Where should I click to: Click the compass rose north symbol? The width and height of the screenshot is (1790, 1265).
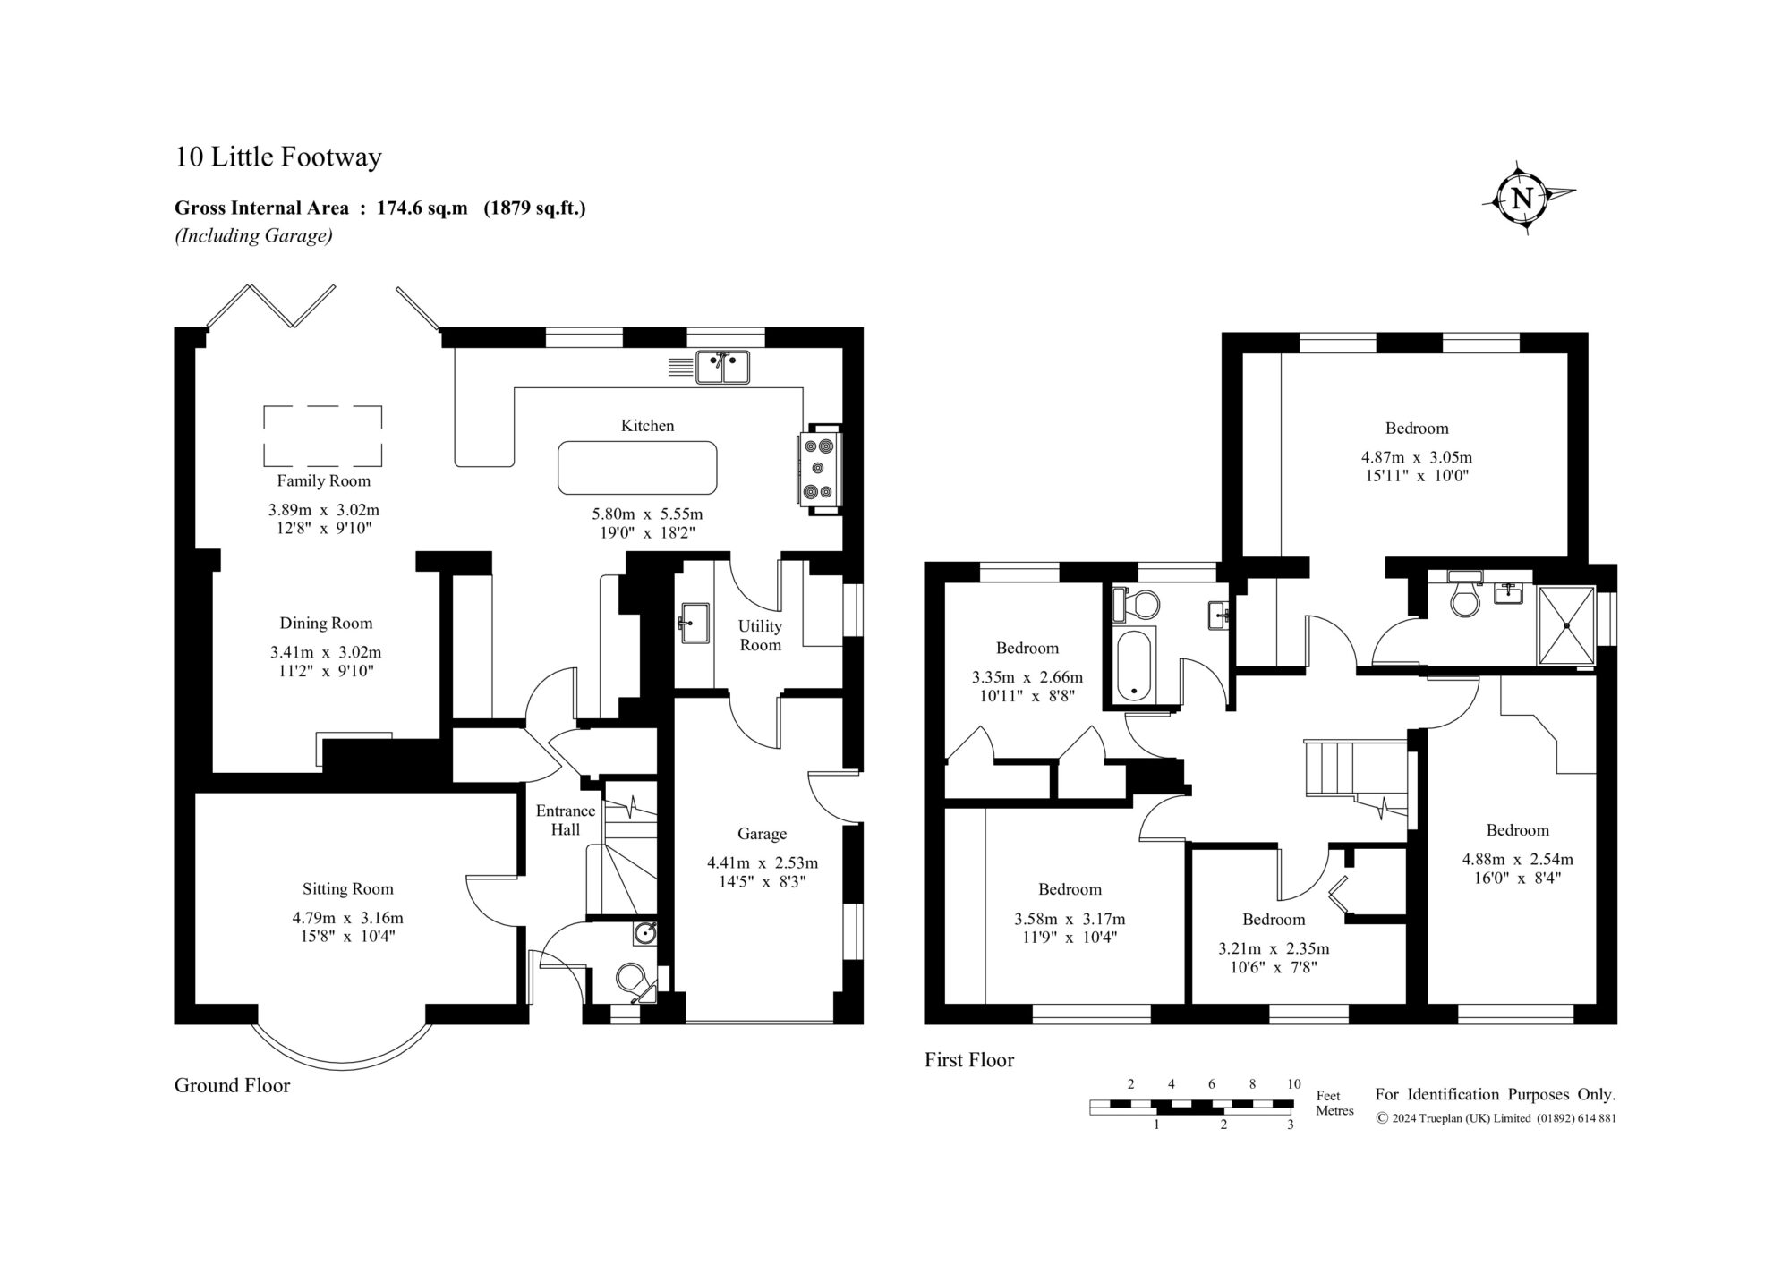1522,198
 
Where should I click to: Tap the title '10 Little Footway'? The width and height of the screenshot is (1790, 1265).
278,157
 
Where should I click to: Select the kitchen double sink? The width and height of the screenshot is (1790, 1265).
723,367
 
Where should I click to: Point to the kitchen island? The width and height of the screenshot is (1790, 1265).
637,468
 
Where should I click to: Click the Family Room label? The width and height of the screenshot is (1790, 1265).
323,480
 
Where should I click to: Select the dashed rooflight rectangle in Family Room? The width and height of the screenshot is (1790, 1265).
323,437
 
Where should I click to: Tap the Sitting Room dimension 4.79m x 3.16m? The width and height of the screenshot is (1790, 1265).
347,918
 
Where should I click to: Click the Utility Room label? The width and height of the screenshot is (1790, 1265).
760,635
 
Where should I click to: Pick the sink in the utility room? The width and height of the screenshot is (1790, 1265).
694,622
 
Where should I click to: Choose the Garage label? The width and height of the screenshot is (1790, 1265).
762,834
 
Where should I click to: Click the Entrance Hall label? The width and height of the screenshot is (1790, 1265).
566,819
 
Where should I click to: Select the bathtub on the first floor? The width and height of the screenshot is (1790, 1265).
1134,666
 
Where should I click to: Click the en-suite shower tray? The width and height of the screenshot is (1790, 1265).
1566,625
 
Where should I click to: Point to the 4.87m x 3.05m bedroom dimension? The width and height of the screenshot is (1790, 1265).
1417,458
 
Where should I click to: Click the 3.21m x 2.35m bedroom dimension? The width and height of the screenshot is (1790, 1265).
1274,948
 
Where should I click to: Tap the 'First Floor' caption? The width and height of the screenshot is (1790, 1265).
969,1060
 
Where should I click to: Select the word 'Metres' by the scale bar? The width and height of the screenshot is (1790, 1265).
1334,1111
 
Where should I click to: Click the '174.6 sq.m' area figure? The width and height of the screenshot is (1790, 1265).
422,208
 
